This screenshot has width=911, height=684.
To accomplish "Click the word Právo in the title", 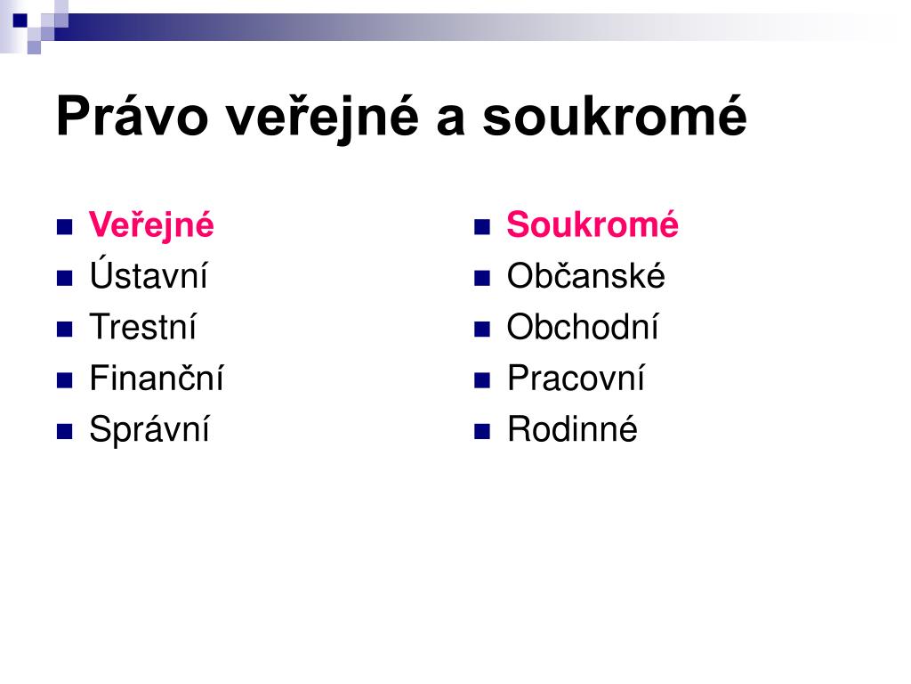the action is click(x=132, y=117).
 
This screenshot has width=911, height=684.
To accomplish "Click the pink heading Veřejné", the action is click(x=151, y=225).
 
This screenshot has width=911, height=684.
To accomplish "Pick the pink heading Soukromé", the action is click(x=593, y=224).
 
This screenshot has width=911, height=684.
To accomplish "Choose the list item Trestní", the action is click(x=143, y=326).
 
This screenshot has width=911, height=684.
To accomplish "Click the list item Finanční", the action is click(x=157, y=378).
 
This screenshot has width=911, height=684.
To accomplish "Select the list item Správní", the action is click(x=149, y=430).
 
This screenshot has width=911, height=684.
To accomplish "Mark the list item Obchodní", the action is click(x=583, y=326).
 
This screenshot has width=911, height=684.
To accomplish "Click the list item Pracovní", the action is click(x=576, y=378).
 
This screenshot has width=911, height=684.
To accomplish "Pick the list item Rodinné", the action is click(x=572, y=428).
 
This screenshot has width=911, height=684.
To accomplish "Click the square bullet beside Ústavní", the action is click(x=64, y=278).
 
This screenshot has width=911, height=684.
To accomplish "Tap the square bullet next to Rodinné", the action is click(x=482, y=432).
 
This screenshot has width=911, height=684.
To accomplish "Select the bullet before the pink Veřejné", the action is click(x=64, y=227).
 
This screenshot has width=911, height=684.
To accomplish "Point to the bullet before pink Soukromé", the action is click(x=482, y=227).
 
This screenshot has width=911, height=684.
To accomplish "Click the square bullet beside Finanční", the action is click(x=64, y=380).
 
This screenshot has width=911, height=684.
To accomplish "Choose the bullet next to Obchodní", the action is click(x=482, y=330).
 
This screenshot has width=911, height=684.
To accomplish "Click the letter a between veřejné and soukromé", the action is click(x=451, y=120).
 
